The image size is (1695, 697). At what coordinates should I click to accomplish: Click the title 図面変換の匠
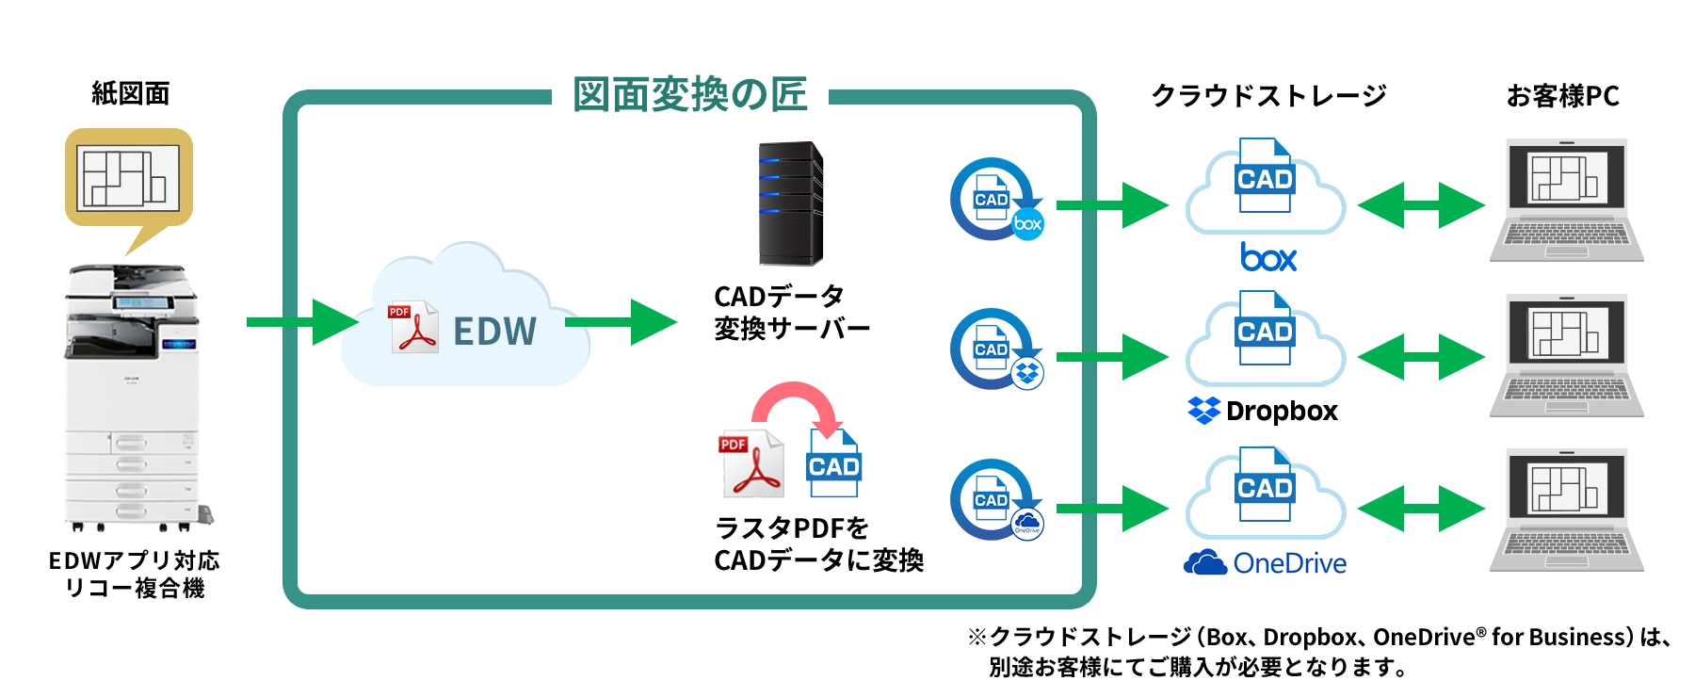(689, 95)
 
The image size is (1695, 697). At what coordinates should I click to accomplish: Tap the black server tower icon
(791, 203)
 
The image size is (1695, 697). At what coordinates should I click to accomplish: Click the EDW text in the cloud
(494, 332)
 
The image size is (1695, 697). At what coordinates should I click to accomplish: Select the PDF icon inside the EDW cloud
(413, 327)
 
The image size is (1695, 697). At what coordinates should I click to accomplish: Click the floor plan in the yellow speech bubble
(129, 178)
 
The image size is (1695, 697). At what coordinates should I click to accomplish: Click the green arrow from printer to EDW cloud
(301, 322)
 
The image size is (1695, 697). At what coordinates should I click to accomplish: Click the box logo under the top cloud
(1267, 257)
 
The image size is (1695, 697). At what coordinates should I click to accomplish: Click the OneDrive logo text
(1266, 563)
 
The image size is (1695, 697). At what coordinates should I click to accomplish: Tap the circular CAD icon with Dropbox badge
(995, 349)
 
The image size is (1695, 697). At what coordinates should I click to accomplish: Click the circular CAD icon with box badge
(995, 200)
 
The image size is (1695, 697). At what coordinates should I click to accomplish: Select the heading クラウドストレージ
(1267, 96)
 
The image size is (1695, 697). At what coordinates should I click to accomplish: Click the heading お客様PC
(1562, 96)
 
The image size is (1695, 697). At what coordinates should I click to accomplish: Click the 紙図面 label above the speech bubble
(130, 93)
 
